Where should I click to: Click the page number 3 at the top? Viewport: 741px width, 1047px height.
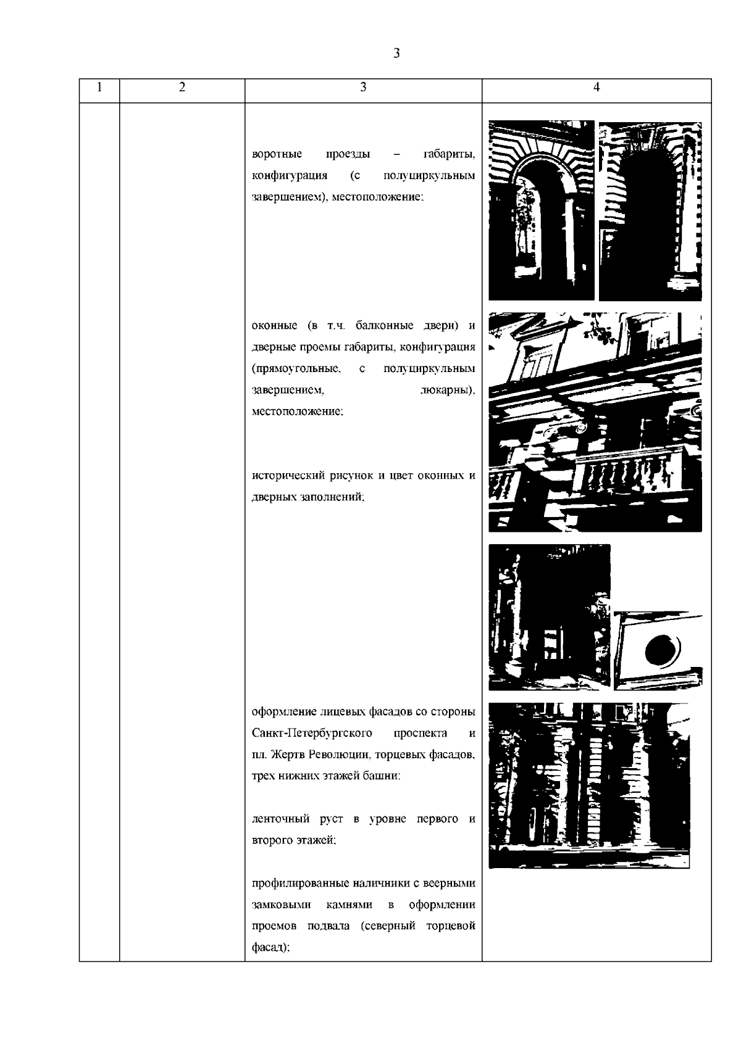pyautogui.click(x=396, y=54)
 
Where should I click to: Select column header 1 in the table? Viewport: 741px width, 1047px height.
pyautogui.click(x=99, y=88)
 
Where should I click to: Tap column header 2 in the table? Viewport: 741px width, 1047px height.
pyautogui.click(x=182, y=88)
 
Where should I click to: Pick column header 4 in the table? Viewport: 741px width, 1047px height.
pyautogui.click(x=596, y=88)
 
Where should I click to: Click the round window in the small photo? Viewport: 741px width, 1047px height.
pyautogui.click(x=661, y=650)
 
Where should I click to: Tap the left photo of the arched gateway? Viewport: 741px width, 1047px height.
pyautogui.click(x=541, y=210)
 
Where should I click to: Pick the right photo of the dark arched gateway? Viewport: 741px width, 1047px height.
pyautogui.click(x=650, y=210)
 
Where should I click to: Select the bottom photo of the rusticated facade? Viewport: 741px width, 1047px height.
pyautogui.click(x=588, y=785)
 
